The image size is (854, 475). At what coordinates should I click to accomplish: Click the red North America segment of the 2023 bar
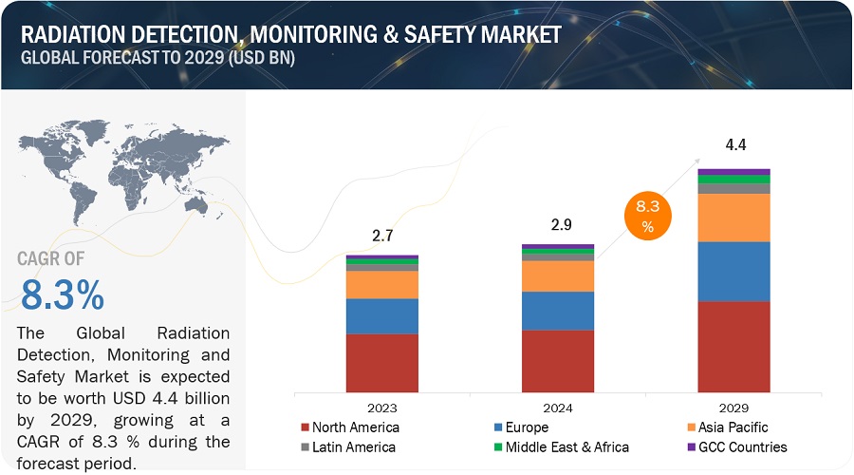(x=381, y=363)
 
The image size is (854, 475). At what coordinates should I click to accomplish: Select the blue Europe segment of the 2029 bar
(x=733, y=271)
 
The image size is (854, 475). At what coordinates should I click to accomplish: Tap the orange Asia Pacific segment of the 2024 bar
(x=558, y=275)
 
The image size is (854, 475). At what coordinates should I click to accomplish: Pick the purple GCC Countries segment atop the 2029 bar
(x=733, y=172)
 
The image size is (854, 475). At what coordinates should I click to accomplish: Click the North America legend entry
(x=349, y=427)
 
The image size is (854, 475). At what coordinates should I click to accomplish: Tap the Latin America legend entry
(x=348, y=447)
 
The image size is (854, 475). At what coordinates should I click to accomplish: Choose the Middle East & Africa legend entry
(x=560, y=447)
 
